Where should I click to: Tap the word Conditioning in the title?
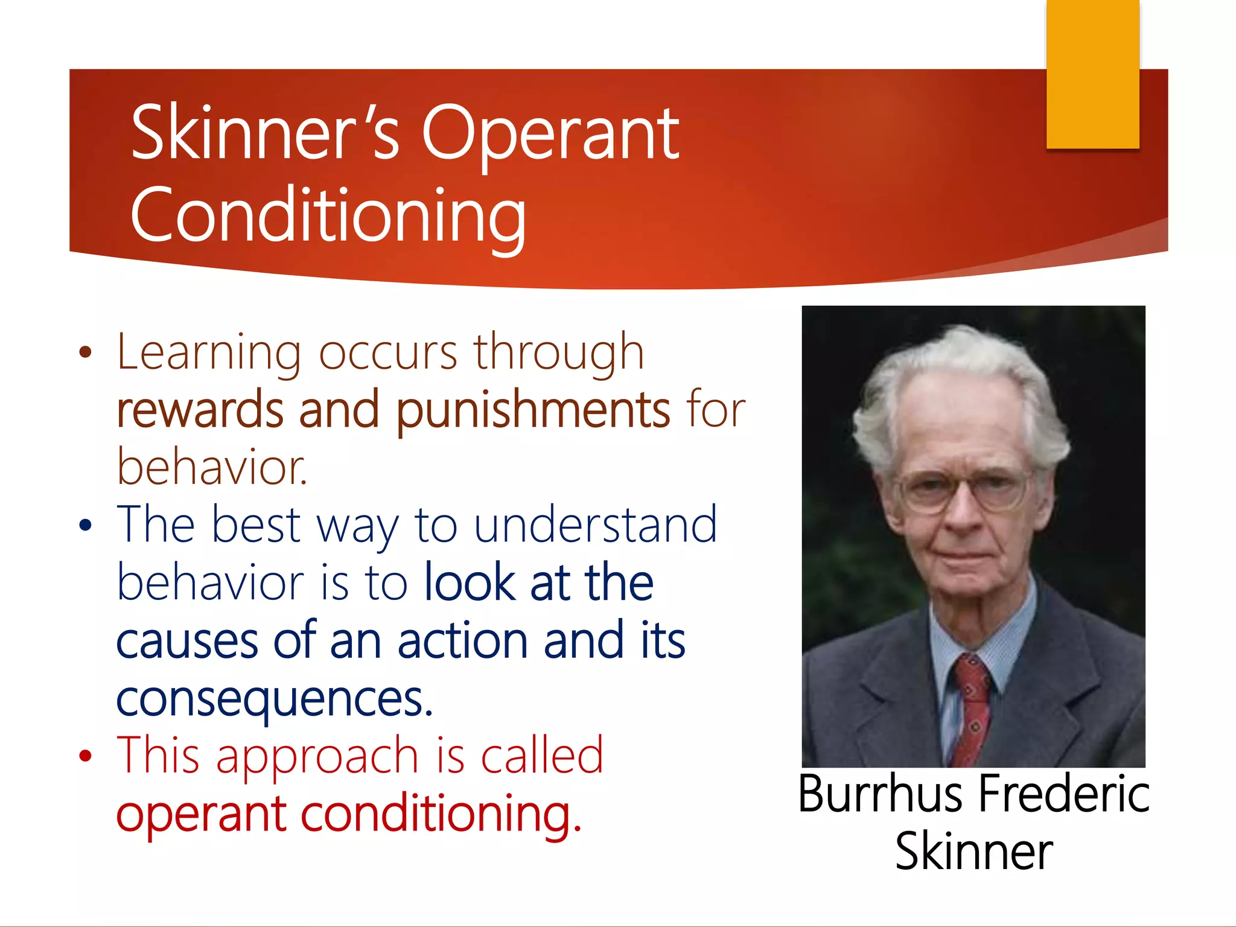(328, 215)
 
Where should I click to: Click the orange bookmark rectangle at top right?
(1092, 74)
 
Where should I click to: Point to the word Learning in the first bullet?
(209, 352)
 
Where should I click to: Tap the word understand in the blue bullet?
(596, 525)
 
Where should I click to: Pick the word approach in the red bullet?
(317, 756)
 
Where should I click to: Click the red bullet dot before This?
(86, 756)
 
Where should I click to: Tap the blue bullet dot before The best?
(86, 525)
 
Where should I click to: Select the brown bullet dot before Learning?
(86, 352)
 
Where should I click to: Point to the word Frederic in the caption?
(1064, 794)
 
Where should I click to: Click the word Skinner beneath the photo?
(973, 852)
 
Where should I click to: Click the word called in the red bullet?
(541, 756)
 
